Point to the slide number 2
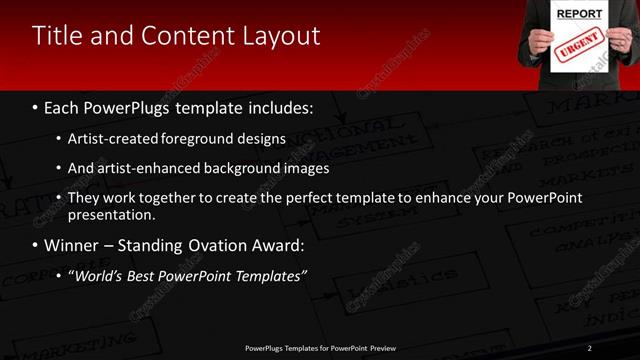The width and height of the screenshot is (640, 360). (x=590, y=347)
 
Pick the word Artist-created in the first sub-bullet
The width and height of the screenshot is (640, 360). (x=108, y=138)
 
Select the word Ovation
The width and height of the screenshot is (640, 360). (x=204, y=245)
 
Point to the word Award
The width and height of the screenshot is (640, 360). (x=265, y=245)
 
